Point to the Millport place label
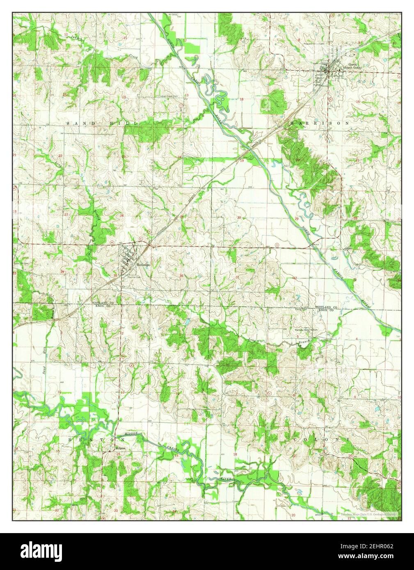109,448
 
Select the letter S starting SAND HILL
69,123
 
